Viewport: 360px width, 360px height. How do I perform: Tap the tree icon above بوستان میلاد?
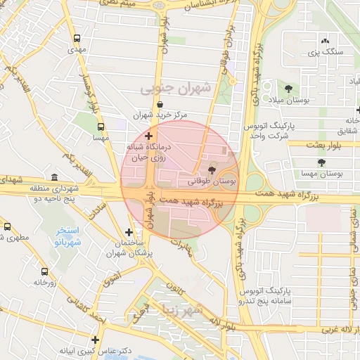tap(289, 88)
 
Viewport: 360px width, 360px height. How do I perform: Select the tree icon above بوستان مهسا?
tap(321, 162)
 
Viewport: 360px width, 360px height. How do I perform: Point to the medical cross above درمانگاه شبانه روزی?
tap(148, 135)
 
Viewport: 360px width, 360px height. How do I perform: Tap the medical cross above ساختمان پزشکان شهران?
tap(129, 232)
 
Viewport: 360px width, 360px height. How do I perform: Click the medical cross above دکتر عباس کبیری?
tap(96, 340)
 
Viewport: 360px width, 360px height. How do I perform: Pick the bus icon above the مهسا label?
tap(101, 127)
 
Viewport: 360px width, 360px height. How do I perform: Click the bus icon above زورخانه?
tap(44, 271)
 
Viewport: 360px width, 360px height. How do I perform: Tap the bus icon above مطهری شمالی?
tap(8, 227)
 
